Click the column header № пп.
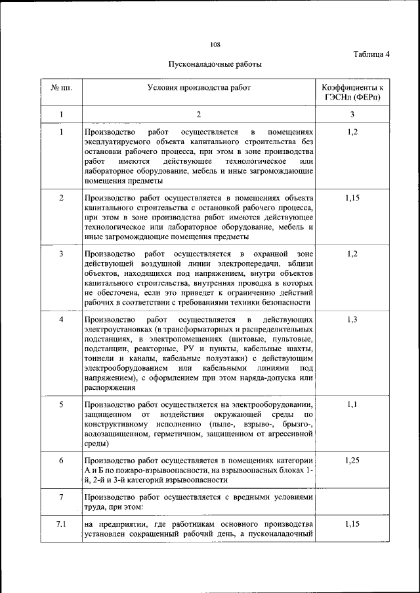(x=61, y=87)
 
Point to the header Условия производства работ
(x=199, y=87)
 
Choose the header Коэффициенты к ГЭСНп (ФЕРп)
(x=352, y=92)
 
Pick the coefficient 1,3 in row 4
(x=352, y=319)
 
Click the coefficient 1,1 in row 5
(x=352, y=404)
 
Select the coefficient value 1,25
(x=352, y=461)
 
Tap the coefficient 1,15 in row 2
(x=352, y=197)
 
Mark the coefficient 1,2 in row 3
(x=352, y=254)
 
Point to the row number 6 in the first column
(x=61, y=461)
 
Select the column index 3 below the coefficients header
(x=352, y=115)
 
